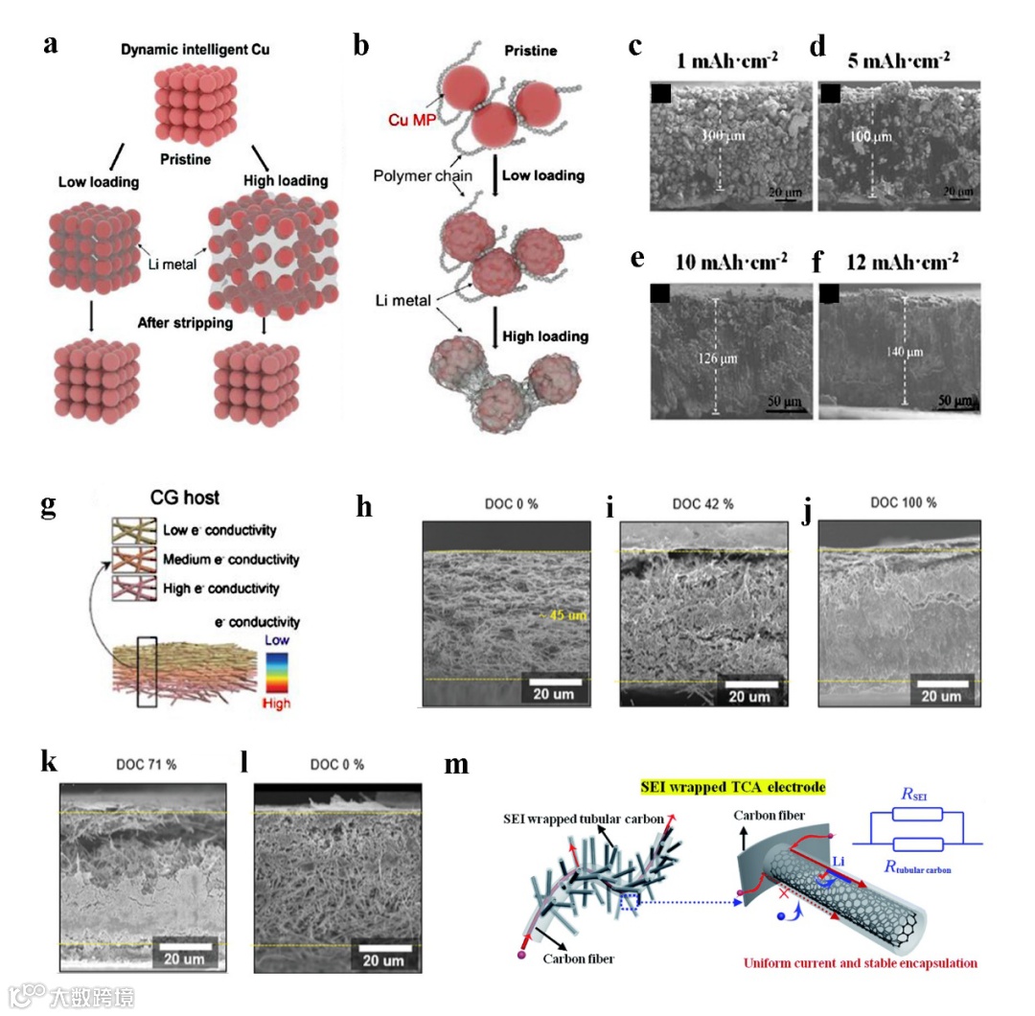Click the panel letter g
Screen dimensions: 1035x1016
(48, 506)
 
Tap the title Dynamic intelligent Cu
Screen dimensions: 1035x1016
(195, 49)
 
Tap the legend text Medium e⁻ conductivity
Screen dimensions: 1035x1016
(231, 560)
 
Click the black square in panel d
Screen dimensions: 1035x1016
(830, 93)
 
